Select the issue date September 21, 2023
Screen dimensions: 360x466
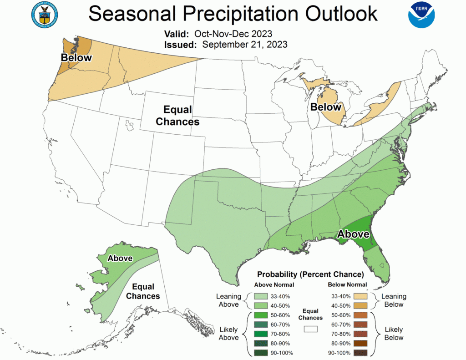245,44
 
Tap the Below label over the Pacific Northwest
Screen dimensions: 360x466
76,58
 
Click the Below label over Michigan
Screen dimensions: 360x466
326,107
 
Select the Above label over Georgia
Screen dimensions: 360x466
353,234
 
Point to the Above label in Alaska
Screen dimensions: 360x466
120,259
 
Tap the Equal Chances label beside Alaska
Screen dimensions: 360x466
143,291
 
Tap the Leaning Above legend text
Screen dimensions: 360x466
228,300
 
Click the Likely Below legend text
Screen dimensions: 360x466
394,333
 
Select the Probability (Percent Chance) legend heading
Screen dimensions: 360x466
310,274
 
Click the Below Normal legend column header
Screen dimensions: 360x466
347,285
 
